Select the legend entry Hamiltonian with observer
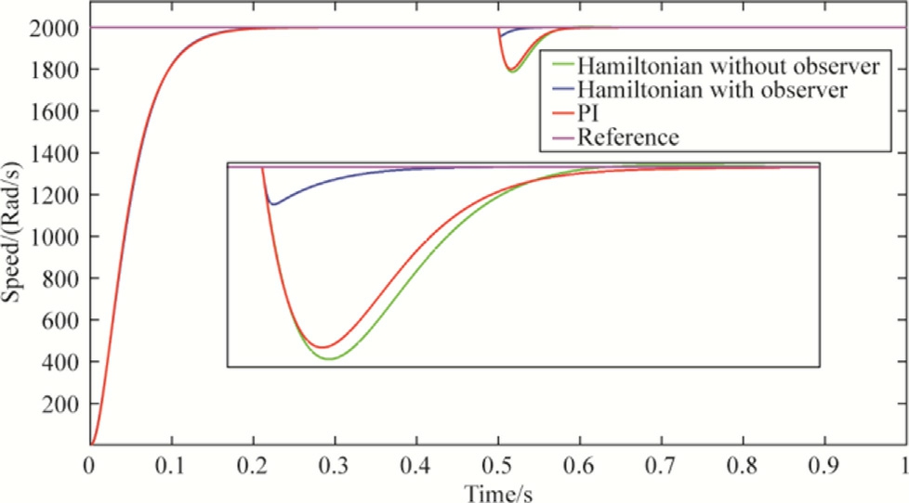click(712, 91)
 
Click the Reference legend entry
click(627, 138)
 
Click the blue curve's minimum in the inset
click(271, 204)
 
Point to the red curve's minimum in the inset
click(322, 348)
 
